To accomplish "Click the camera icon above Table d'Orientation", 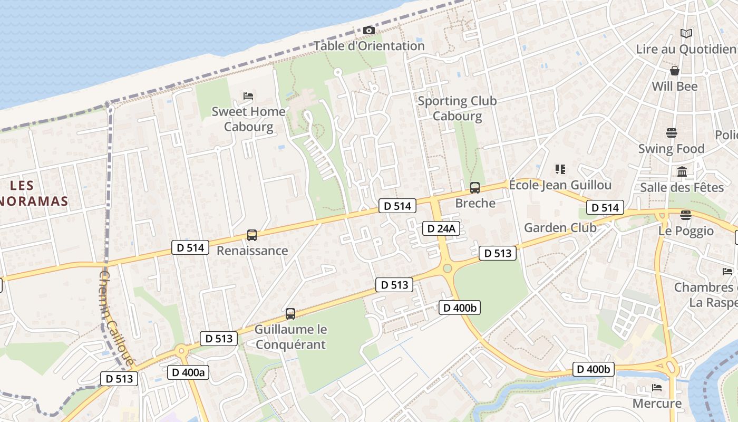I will pyautogui.click(x=369, y=31).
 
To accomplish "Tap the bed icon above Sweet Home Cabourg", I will pyautogui.click(x=249, y=96).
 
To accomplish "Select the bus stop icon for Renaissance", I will pyautogui.click(x=252, y=235).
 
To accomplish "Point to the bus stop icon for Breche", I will pyautogui.click(x=475, y=188).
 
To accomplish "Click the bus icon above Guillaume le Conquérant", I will pyautogui.click(x=290, y=314).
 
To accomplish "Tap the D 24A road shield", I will pyautogui.click(x=441, y=228).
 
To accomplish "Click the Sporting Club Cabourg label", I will pyautogui.click(x=457, y=108).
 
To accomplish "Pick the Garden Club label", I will pyautogui.click(x=560, y=228).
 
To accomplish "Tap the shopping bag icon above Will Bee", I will pyautogui.click(x=675, y=71).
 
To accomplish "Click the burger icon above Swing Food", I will pyautogui.click(x=671, y=132).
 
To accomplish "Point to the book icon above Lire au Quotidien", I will pyautogui.click(x=686, y=34).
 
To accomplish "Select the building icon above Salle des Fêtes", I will pyautogui.click(x=682, y=171).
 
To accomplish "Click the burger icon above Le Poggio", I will pyautogui.click(x=685, y=215).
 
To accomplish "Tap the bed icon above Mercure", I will pyautogui.click(x=657, y=388).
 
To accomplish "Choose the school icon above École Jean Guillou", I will pyautogui.click(x=560, y=169).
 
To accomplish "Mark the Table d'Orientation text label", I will pyautogui.click(x=369, y=46).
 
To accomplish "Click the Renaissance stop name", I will pyautogui.click(x=252, y=251).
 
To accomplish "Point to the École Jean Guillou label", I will pyautogui.click(x=560, y=185).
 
